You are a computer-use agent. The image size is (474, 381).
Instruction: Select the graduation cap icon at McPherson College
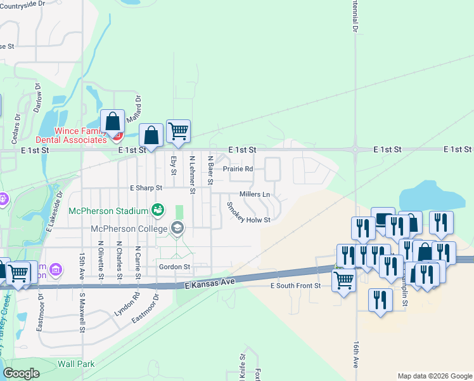click(x=178, y=228)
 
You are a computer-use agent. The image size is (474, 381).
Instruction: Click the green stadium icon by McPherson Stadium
click(x=158, y=209)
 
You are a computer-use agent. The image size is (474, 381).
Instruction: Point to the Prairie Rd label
click(x=238, y=169)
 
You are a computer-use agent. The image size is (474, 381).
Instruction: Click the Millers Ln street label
click(x=255, y=194)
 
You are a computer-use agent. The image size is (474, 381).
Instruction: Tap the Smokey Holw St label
click(x=248, y=212)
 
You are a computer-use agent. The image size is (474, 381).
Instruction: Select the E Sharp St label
click(x=146, y=188)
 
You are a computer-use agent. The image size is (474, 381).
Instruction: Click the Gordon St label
click(x=174, y=267)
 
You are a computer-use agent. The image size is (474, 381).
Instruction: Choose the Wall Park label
click(x=76, y=364)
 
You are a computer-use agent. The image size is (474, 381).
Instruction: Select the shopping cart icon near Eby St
click(x=178, y=131)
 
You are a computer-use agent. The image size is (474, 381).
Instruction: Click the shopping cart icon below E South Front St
click(x=343, y=279)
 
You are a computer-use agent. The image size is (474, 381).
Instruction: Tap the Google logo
click(x=21, y=373)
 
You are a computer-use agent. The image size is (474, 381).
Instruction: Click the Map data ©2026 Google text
click(x=434, y=376)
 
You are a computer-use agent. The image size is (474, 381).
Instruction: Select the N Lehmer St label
click(x=192, y=171)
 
